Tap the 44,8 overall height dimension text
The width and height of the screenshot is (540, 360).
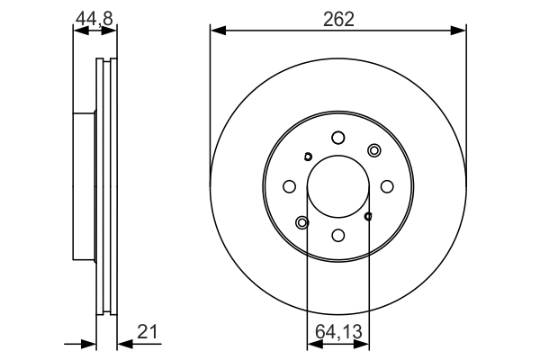(x=94, y=17)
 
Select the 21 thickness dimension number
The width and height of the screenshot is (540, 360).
(x=148, y=332)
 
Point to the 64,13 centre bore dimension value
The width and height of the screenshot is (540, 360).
(x=338, y=332)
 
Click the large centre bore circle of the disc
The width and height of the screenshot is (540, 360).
(x=337, y=186)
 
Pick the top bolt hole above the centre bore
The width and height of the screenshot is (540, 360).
(x=337, y=138)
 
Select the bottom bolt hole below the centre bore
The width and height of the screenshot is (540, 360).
(x=337, y=235)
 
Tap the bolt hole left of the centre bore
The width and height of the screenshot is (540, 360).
(x=289, y=186)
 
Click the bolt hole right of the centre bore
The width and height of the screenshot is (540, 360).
(x=386, y=186)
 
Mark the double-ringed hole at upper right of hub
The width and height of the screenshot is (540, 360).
(x=373, y=150)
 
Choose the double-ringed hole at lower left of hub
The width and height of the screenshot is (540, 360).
(x=301, y=222)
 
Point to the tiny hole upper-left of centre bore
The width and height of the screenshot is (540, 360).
(x=308, y=157)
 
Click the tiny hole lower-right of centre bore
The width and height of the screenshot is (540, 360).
(x=368, y=216)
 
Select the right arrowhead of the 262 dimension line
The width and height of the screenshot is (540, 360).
(x=461, y=31)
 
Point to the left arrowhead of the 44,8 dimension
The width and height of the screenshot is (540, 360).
(x=76, y=31)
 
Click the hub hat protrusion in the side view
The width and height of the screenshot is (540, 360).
(x=84, y=187)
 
